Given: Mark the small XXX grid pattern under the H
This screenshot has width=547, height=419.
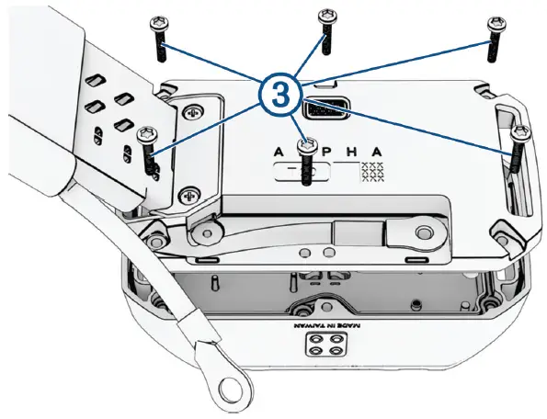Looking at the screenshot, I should click(x=372, y=171).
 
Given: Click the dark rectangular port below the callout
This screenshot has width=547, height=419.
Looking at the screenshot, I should click(x=324, y=110).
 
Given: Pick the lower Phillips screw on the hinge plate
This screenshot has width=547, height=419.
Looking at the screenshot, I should click(x=189, y=195).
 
